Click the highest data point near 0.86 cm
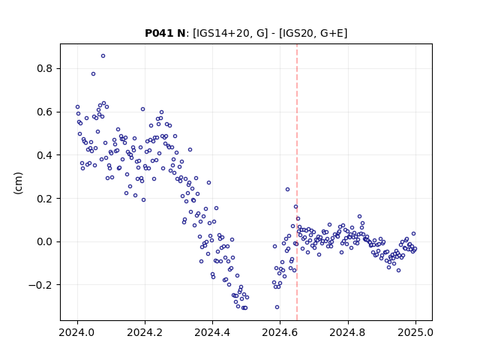103,56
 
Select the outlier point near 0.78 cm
93,73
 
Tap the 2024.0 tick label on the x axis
77,332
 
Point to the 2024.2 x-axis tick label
145,332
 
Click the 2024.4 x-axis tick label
212,332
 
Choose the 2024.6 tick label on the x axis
280,332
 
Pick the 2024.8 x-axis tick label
348,332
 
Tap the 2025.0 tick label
415,332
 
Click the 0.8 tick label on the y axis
45,68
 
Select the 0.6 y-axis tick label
45,112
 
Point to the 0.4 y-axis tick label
45,155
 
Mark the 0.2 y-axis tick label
45,198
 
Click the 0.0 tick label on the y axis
45,241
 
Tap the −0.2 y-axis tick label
40,285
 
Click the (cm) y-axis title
18,183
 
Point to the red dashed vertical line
297,182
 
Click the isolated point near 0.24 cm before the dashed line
287,190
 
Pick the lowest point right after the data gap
277,307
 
